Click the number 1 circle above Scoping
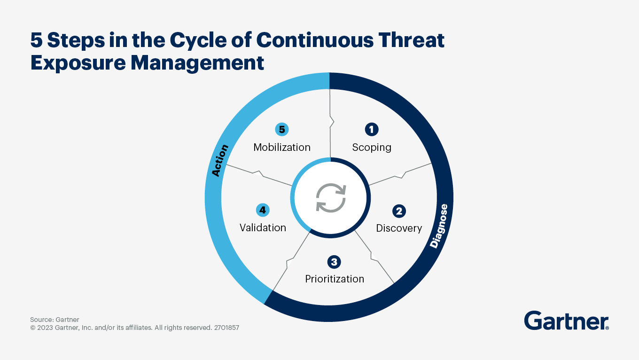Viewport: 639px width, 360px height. [x=372, y=129]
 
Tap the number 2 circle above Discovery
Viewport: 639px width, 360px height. [x=399, y=211]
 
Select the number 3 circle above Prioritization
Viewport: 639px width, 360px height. [x=334, y=262]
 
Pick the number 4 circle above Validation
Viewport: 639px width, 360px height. [x=263, y=210]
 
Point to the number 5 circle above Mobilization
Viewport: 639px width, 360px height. [x=281, y=129]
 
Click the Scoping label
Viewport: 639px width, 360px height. [x=372, y=148]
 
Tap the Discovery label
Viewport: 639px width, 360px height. [x=399, y=228]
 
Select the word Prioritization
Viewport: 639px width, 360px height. [x=335, y=279]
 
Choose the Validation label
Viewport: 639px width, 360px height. [x=263, y=228]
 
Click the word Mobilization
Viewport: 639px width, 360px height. [x=282, y=148]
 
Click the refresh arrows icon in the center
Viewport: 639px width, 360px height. [x=331, y=198]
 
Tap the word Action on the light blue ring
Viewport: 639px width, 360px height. [x=219, y=161]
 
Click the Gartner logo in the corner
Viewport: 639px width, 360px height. [x=566, y=321]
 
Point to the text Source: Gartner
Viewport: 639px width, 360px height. [x=55, y=320]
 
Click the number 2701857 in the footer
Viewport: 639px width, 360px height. [x=226, y=328]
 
